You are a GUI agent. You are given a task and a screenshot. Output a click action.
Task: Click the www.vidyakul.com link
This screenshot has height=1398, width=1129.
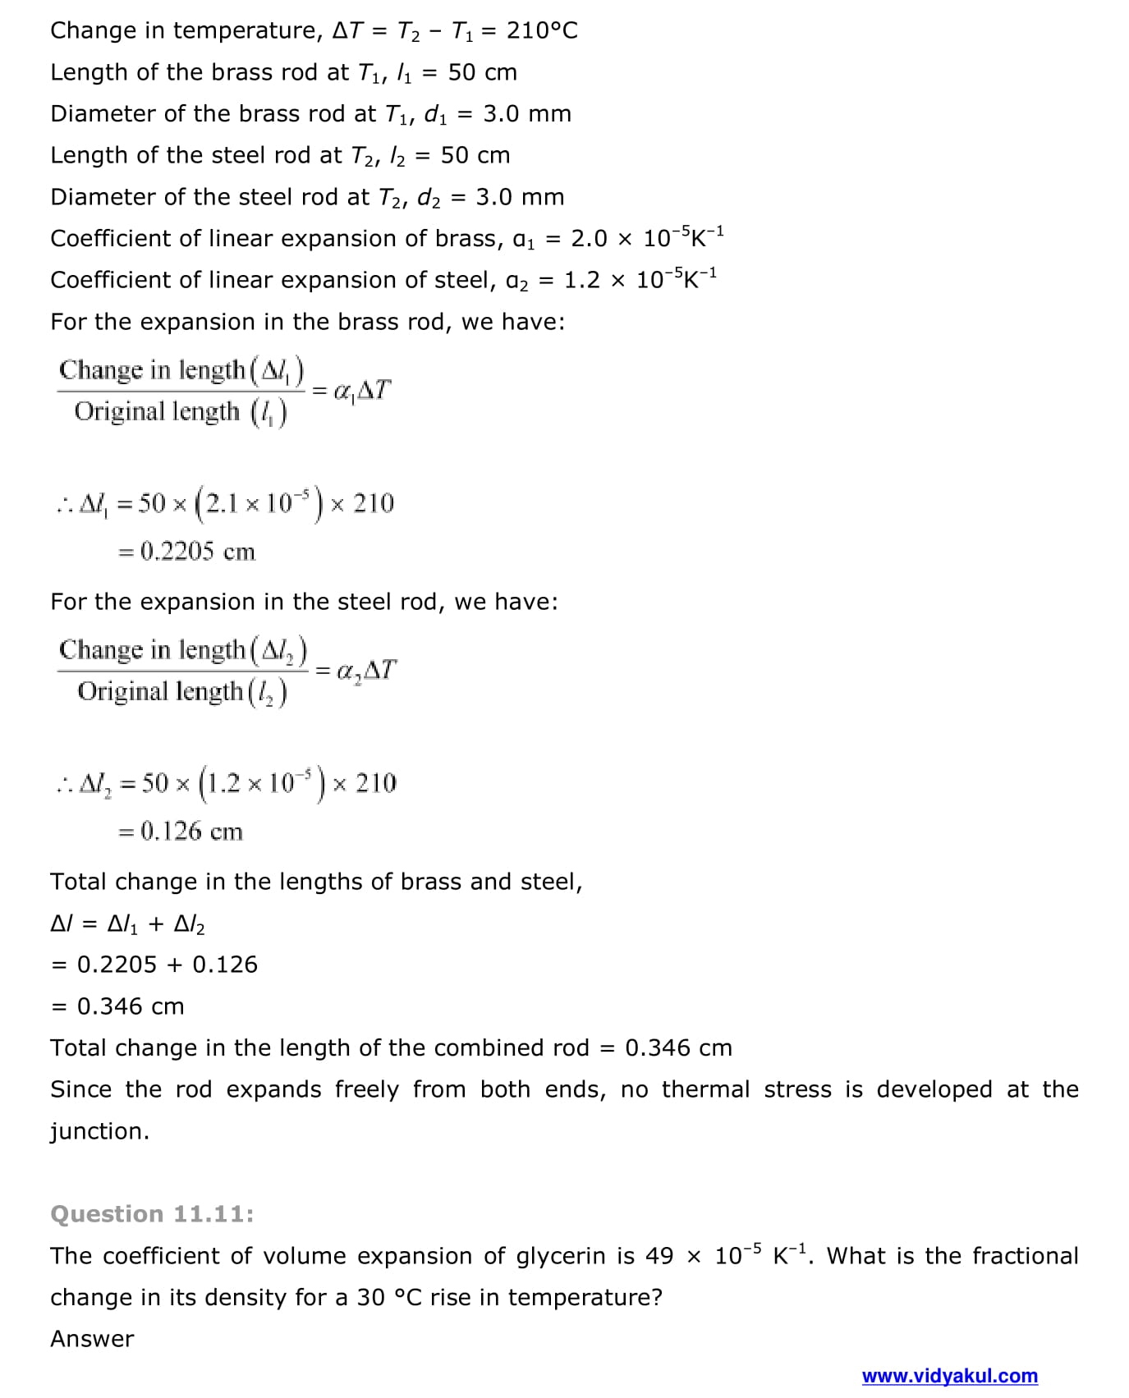click(x=949, y=1376)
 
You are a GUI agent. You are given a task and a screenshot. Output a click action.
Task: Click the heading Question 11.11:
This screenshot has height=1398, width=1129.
click(x=152, y=1214)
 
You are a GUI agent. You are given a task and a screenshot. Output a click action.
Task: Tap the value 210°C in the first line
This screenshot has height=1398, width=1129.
click(x=542, y=31)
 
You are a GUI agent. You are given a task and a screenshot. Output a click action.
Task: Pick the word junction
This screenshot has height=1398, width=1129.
click(x=99, y=1131)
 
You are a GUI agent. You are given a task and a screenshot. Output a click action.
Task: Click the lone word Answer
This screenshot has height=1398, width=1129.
click(x=92, y=1339)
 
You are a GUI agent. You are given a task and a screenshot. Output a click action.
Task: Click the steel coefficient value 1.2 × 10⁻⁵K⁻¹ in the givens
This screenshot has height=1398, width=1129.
click(x=640, y=280)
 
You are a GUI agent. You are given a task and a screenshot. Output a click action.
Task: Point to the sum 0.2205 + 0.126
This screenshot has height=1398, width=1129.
click(x=167, y=965)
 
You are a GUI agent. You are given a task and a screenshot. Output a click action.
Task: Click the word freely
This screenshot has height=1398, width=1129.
click(x=366, y=1089)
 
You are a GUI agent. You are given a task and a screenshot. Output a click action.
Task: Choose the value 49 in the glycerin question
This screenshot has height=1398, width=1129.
click(x=659, y=1256)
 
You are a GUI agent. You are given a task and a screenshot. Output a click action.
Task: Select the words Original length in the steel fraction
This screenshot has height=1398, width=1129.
click(x=160, y=692)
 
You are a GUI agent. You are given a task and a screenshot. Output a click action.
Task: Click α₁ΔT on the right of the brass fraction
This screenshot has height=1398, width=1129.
click(x=362, y=390)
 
